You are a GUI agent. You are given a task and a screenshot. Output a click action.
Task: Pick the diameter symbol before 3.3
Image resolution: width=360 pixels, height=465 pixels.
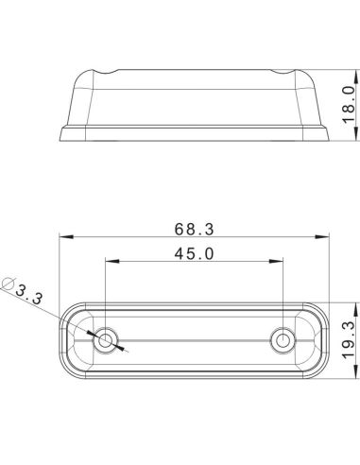[x=9, y=283]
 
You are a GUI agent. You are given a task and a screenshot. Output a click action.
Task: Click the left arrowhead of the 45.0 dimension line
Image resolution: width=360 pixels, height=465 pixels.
[x=110, y=262]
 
